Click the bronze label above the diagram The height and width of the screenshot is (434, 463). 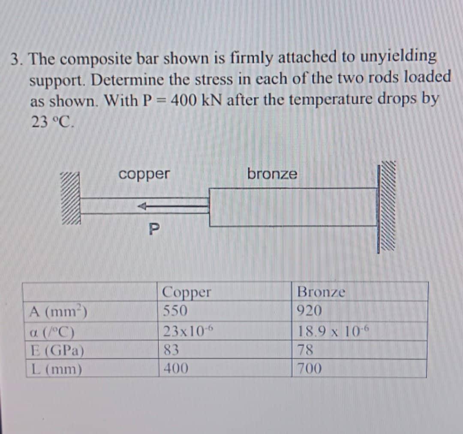[x=272, y=174]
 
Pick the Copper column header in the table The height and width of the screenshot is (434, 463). [x=186, y=293]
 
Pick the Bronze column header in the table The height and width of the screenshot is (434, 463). [x=321, y=292]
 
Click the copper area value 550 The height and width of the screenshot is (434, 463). [x=174, y=311]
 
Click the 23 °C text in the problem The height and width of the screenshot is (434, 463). [x=53, y=122]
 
